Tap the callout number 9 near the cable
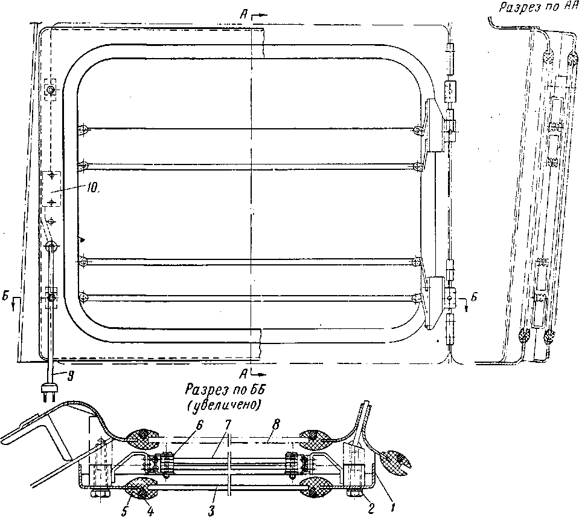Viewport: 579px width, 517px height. pos(71,376)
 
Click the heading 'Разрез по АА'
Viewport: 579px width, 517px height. pos(536,8)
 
